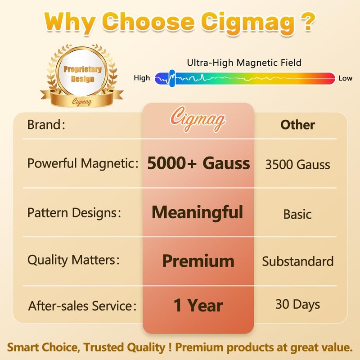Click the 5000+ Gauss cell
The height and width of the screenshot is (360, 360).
tap(198, 163)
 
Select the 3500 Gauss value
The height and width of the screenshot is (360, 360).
tap(297, 164)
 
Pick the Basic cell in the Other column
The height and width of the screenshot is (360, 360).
tap(297, 214)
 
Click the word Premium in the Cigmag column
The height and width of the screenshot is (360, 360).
tap(198, 261)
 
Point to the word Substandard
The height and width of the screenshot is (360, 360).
tap(298, 261)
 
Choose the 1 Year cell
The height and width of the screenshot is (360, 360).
tap(198, 306)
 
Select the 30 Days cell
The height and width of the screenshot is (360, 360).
tap(297, 304)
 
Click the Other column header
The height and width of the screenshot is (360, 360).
tap(297, 125)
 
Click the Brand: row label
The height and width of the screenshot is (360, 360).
tap(46, 125)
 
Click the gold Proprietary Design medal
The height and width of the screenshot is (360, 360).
tap(82, 75)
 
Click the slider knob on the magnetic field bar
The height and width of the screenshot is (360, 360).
tap(171, 78)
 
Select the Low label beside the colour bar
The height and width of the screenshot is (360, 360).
tap(346, 78)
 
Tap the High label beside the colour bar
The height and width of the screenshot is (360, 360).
tap(142, 78)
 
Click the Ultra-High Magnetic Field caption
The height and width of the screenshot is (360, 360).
tap(244, 63)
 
